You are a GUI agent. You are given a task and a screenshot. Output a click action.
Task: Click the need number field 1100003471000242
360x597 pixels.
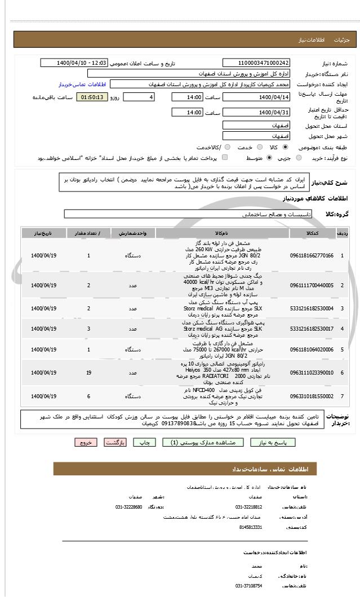(x=256, y=63)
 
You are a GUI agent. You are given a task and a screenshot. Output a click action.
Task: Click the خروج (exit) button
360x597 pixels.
(x=86, y=442)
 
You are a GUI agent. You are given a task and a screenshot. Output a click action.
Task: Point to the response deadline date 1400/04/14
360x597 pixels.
(x=256, y=97)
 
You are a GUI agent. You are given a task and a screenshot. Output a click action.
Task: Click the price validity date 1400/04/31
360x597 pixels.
(x=256, y=113)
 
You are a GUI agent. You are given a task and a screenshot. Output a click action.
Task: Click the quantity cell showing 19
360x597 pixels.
(x=89, y=373)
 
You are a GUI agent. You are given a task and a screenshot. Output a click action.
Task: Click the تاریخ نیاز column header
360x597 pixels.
(x=44, y=233)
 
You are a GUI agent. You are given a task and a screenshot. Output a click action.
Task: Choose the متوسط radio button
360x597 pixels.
(x=269, y=158)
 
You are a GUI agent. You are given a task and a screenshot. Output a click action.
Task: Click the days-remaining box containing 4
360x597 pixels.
(x=139, y=97)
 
